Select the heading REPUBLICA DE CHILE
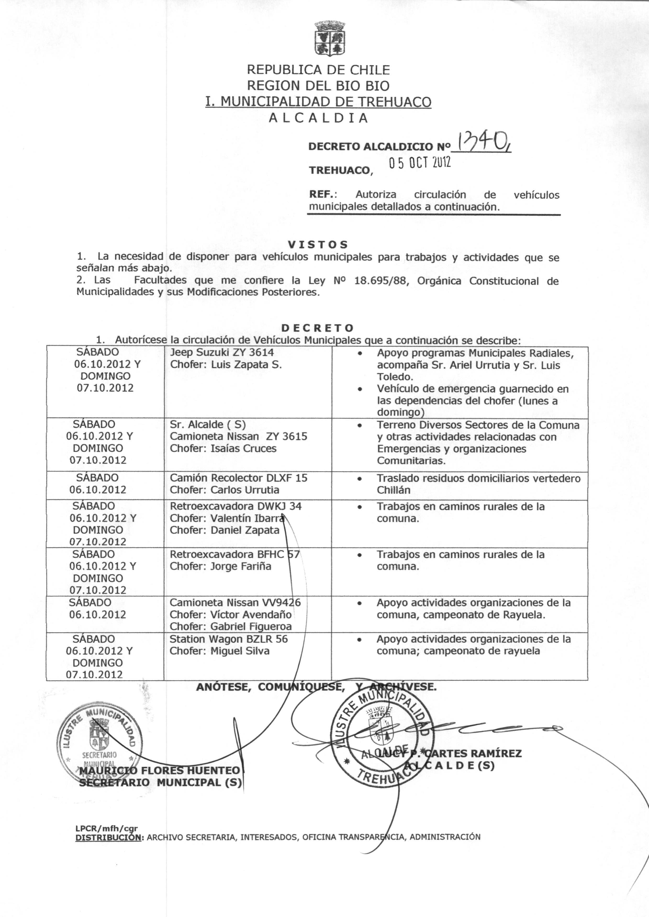pyautogui.click(x=318, y=70)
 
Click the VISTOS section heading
pyautogui.click(x=318, y=244)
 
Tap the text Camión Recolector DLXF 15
pyautogui.click(x=239, y=478)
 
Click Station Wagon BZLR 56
pyautogui.click(x=228, y=639)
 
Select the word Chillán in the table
pyautogui.click(x=394, y=490)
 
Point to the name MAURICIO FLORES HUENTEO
pyautogui.click(x=160, y=770)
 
